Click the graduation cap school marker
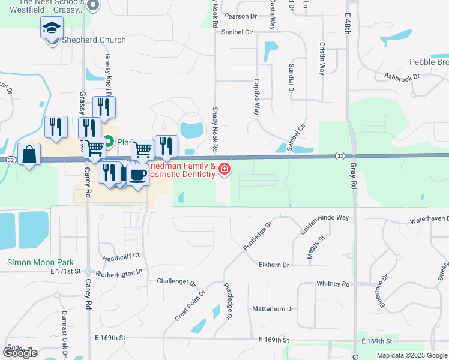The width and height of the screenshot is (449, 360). [52, 28]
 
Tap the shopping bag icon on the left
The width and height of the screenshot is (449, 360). [29, 155]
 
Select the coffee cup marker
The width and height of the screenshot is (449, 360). [139, 175]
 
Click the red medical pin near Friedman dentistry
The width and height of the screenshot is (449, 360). [225, 170]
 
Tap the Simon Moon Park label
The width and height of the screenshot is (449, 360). [40, 262]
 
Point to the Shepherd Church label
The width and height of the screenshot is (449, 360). [94, 40]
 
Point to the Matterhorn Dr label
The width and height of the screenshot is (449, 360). [273, 309]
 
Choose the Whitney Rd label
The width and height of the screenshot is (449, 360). [333, 283]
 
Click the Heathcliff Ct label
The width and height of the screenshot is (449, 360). [121, 256]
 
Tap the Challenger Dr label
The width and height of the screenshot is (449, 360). [176, 281]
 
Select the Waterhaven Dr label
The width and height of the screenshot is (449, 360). [429, 220]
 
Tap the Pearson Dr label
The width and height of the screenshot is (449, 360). [240, 16]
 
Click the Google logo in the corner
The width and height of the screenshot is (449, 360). [20, 353]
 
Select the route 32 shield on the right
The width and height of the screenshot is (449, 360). [340, 156]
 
